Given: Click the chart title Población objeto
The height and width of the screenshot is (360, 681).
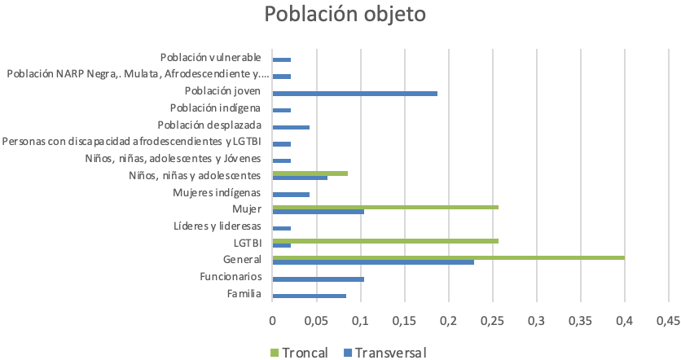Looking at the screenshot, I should [344, 16].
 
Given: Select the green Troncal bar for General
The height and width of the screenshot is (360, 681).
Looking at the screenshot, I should [448, 257].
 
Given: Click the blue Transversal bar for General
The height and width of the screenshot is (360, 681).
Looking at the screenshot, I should [373, 262].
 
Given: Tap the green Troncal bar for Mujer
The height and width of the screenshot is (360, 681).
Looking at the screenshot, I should [384, 207].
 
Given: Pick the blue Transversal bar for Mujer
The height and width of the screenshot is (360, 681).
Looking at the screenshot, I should [318, 212].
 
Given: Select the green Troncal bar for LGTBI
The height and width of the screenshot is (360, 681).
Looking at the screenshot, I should [384, 241].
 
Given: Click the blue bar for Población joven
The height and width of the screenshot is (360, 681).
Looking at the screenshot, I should [354, 94].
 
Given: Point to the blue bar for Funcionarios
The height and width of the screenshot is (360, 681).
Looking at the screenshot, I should [318, 279].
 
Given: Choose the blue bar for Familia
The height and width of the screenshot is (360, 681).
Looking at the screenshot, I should [309, 296].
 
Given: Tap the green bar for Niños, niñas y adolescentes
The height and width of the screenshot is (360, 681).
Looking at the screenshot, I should [310, 173].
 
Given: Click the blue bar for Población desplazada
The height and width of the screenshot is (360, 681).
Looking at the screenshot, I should [291, 127].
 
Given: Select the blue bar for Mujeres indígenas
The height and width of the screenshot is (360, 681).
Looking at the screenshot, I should [291, 195].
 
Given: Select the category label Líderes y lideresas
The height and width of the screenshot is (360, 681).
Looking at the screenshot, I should [217, 226].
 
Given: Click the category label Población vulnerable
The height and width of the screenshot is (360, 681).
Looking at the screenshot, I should [210, 57].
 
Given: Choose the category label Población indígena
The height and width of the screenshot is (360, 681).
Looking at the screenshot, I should [215, 108].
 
